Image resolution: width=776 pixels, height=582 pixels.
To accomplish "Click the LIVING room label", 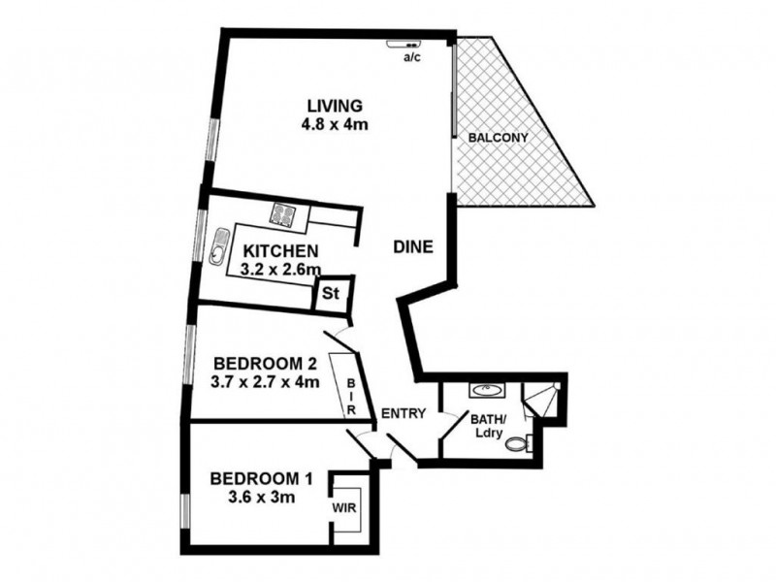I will (334, 105).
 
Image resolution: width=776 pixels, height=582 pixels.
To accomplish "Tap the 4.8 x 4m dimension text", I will (334, 124).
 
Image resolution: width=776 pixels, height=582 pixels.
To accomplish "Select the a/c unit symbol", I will (408, 44).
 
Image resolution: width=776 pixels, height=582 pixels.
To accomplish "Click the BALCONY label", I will (499, 138).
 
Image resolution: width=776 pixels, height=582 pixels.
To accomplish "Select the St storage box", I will (330, 292).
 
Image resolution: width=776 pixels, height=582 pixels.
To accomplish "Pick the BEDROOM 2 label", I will (265, 364).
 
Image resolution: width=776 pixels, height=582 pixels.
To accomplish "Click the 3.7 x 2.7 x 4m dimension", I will (265, 382).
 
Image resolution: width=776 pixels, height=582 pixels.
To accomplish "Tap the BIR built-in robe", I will (351, 398).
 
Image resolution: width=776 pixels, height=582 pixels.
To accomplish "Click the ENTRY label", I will (404, 413).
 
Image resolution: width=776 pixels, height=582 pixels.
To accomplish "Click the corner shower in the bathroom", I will (539, 398).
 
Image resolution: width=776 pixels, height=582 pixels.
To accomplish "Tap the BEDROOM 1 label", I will (261, 478).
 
